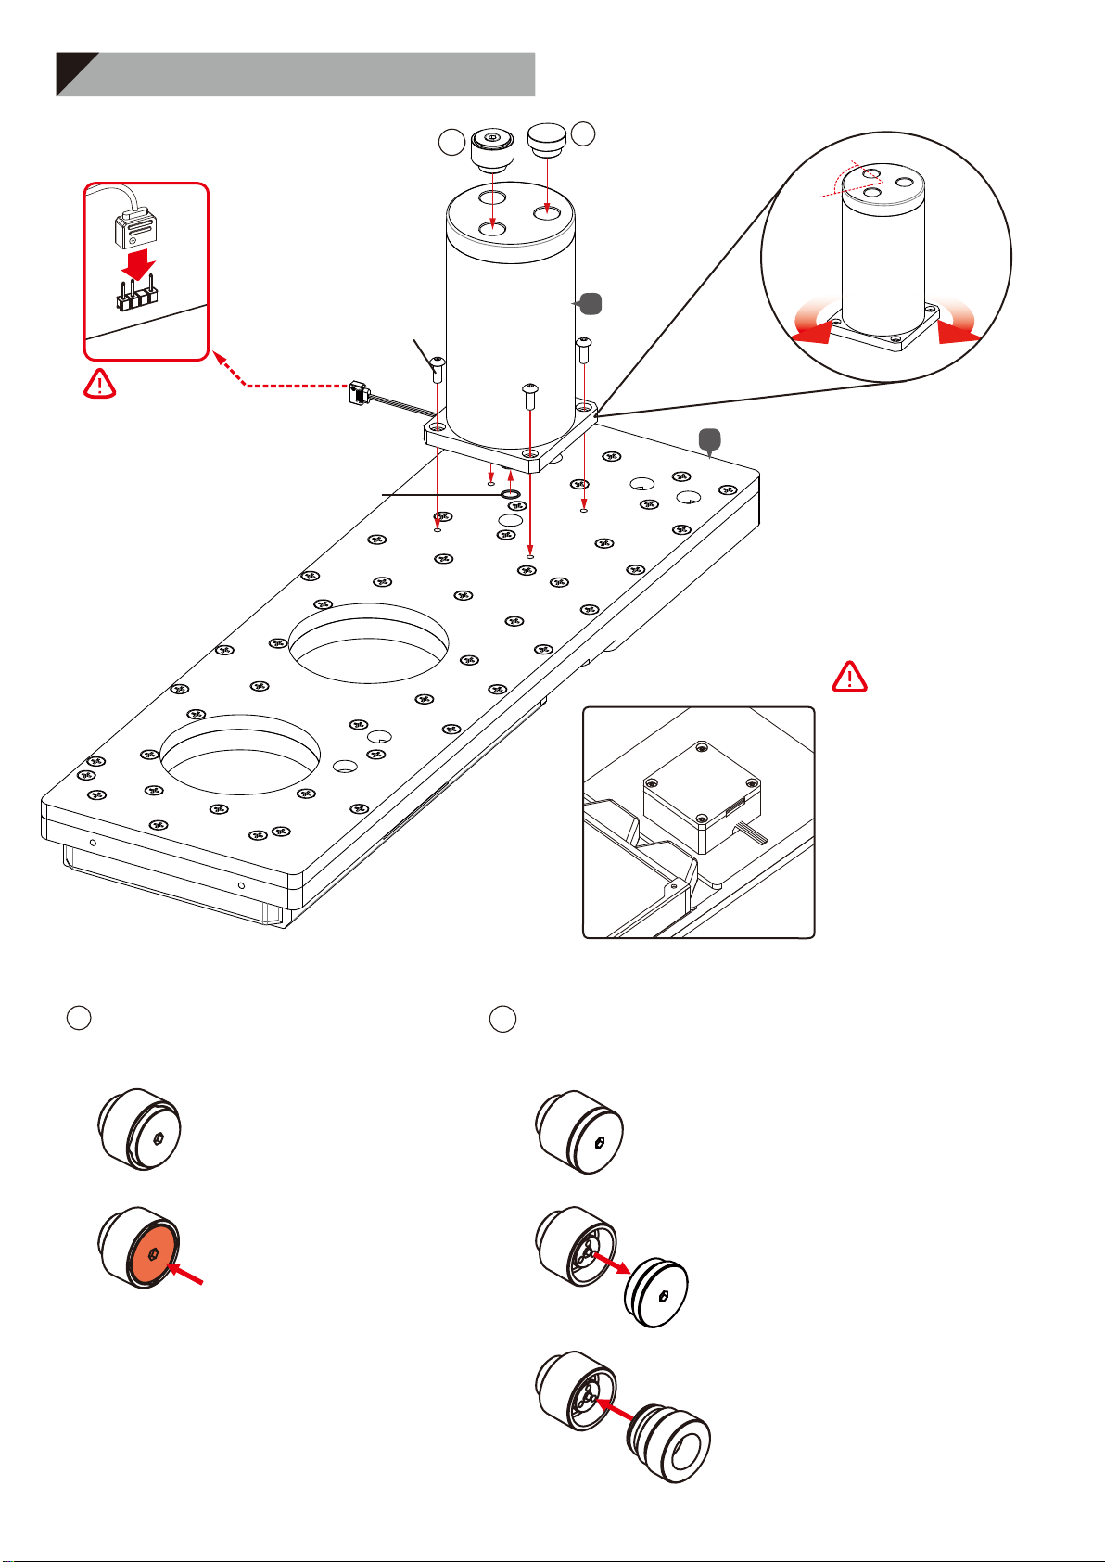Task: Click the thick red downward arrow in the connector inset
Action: click(x=138, y=263)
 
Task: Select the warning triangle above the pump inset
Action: click(x=849, y=677)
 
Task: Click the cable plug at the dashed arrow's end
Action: click(x=360, y=393)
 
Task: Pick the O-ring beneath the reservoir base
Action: click(x=509, y=495)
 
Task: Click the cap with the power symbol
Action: click(x=492, y=148)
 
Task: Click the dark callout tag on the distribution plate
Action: click(x=709, y=441)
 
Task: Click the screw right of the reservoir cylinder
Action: click(x=584, y=351)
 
